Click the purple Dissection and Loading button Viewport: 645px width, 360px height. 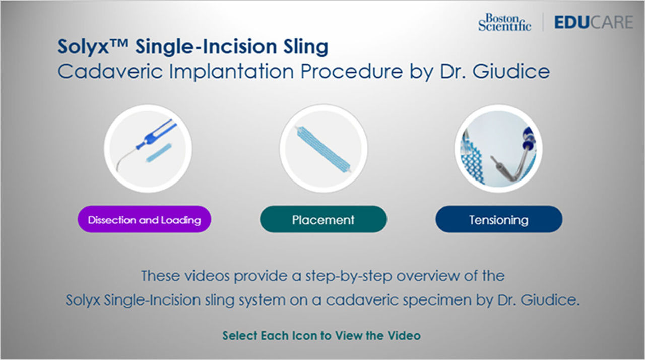coord(144,219)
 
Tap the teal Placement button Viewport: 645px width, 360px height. coord(323,219)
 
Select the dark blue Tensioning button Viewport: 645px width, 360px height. coord(498,219)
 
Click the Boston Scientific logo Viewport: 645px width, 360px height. coord(504,22)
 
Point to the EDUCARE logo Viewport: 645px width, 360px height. coord(593,22)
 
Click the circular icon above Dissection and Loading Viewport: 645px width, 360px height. coord(148,148)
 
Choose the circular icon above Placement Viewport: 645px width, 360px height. coord(323,148)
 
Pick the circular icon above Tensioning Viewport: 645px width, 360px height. coord(498,148)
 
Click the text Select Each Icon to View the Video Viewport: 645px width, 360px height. coord(321,335)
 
